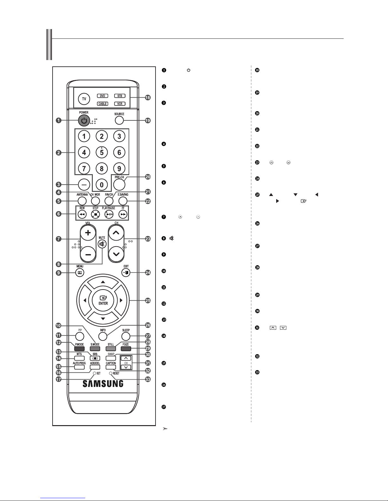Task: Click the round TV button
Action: coord(84,99)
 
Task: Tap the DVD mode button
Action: coord(103,96)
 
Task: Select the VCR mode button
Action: coord(120,104)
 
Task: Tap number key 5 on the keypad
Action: coord(102,152)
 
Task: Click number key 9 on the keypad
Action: coord(119,168)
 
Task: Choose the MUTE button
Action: coord(102,244)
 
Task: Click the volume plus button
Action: coord(88,233)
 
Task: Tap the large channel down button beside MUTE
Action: coord(116,254)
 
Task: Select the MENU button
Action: coord(80,273)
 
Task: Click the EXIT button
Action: coord(126,273)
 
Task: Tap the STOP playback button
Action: coord(95,214)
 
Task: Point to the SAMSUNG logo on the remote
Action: coord(103,384)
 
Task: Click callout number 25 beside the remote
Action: coord(148,301)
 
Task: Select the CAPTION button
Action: coord(111,367)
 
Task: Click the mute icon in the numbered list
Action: coord(172,238)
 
